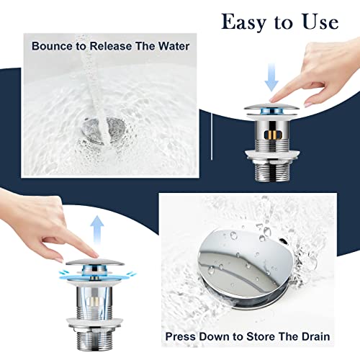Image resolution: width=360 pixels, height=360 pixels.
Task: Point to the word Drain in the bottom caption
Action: [312, 336]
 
